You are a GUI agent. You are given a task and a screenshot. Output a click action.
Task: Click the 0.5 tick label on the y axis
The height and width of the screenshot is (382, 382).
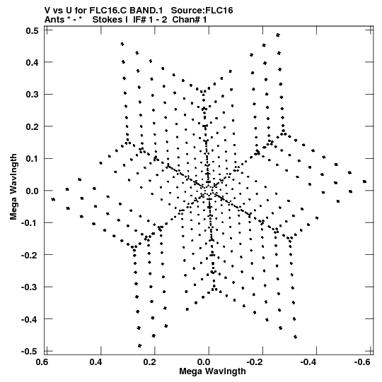(32, 31)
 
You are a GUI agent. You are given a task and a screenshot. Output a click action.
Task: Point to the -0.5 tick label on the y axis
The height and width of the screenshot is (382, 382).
(30, 352)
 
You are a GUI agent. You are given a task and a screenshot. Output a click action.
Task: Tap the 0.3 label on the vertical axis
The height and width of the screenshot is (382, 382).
(32, 95)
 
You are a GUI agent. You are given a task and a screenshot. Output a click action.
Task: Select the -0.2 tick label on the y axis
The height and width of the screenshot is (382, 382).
(30, 255)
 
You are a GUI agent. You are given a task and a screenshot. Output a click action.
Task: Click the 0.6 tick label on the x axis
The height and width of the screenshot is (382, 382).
(42, 362)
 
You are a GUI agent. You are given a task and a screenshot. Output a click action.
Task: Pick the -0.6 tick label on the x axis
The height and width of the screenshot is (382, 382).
(362, 362)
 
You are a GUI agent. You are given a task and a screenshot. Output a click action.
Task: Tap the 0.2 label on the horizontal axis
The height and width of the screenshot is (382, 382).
(150, 362)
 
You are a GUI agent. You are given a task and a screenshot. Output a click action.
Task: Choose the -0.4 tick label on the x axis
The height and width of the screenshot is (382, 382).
(308, 362)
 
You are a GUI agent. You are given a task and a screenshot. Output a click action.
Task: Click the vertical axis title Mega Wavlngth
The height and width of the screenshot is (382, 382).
(13, 187)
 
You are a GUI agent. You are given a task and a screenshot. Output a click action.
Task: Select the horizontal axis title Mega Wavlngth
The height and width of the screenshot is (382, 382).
(212, 371)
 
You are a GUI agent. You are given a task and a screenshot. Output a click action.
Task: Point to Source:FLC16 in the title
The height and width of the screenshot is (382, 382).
(202, 11)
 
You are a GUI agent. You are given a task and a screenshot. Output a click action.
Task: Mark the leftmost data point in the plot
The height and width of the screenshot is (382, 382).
(53, 200)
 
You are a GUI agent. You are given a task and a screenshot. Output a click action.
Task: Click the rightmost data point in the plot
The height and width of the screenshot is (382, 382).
(364, 181)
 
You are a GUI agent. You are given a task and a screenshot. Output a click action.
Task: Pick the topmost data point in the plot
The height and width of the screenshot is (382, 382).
(278, 35)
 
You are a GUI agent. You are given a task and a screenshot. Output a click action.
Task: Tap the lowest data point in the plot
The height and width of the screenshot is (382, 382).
(139, 346)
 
